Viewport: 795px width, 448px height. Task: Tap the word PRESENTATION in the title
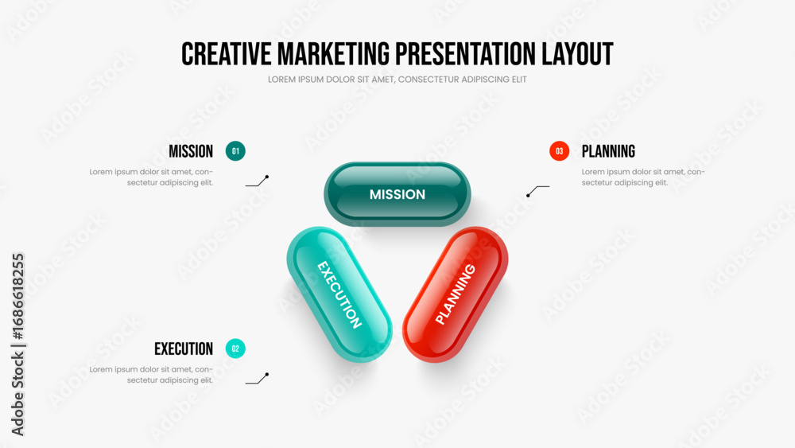[465, 54]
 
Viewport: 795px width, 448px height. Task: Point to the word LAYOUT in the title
[577, 54]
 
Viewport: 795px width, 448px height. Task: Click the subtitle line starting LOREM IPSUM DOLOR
[397, 80]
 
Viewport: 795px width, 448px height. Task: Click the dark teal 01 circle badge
[235, 151]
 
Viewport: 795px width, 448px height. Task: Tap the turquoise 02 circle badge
[235, 349]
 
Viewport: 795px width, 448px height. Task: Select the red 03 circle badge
[559, 151]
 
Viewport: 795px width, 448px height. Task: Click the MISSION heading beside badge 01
[191, 151]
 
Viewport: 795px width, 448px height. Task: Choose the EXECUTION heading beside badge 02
[184, 349]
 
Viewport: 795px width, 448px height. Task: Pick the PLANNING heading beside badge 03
[608, 151]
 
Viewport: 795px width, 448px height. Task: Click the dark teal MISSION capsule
[397, 194]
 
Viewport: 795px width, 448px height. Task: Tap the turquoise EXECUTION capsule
[339, 294]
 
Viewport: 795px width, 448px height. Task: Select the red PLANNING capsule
[456, 294]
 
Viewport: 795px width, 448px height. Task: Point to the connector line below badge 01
[257, 181]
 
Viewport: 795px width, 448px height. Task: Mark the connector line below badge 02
[257, 379]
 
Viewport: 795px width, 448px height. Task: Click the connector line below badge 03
[537, 190]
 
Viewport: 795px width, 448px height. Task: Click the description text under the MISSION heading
[151, 177]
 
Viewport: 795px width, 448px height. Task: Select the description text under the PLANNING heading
[643, 177]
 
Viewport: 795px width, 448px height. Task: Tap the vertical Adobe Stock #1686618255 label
[17, 344]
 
